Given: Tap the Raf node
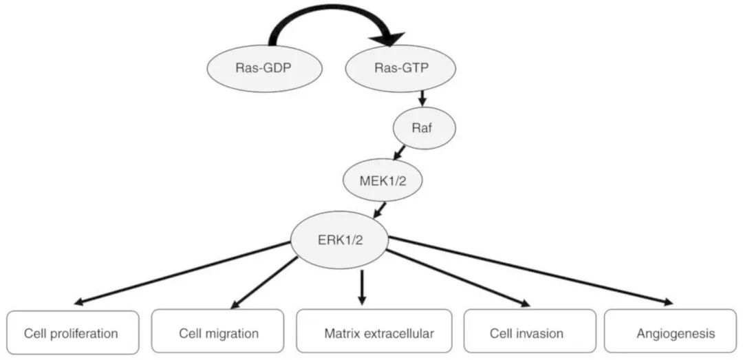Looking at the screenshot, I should [424, 127].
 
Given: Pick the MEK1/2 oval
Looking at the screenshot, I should [383, 181].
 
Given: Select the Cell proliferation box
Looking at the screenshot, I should [72, 333].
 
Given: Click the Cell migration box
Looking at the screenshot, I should [218, 333].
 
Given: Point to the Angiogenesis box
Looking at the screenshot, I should [675, 333].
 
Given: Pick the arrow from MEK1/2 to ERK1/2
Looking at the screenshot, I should [378, 209].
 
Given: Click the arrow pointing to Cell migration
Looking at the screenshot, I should [266, 282].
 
